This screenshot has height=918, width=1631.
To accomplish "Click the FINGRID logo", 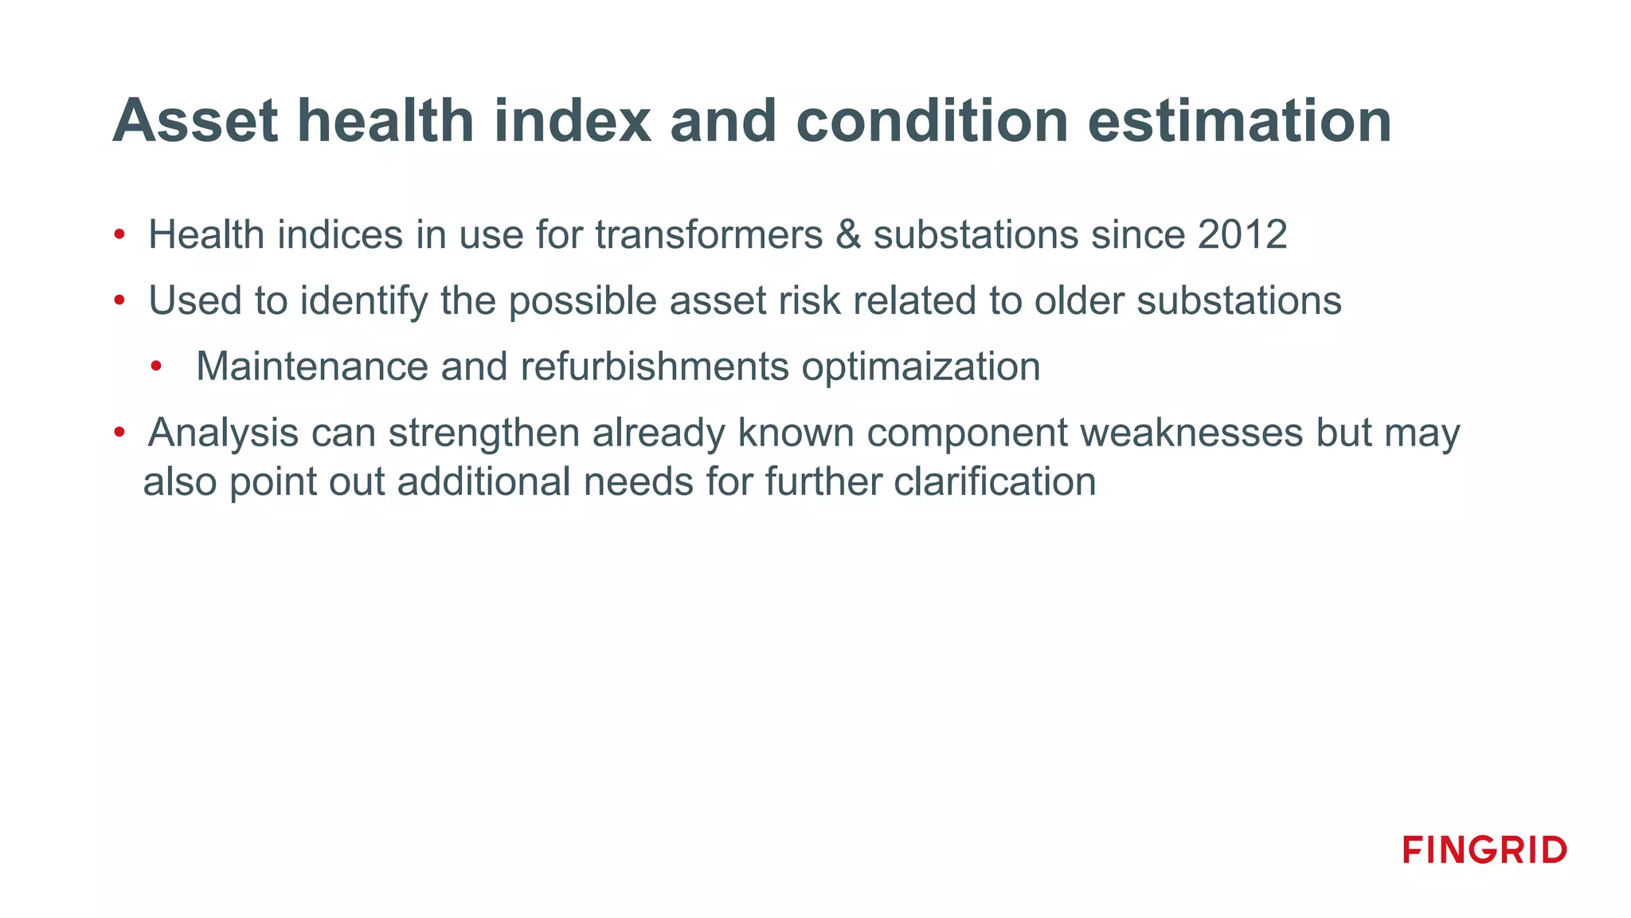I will [1484, 849].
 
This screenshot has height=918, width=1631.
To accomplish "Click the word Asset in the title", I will [195, 121].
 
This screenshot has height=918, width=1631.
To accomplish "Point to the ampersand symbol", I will [848, 235].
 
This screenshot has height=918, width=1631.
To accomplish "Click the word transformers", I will [709, 235].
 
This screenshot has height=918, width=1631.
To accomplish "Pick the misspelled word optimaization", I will [921, 367].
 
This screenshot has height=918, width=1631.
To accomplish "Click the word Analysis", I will [224, 433].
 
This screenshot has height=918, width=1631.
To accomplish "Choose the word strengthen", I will [483, 433].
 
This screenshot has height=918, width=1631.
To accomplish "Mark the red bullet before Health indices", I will [119, 235].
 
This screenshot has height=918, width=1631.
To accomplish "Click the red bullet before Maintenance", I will [156, 367].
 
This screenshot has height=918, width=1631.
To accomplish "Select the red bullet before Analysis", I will [119, 433].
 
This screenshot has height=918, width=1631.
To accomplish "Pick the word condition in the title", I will [932, 121].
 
